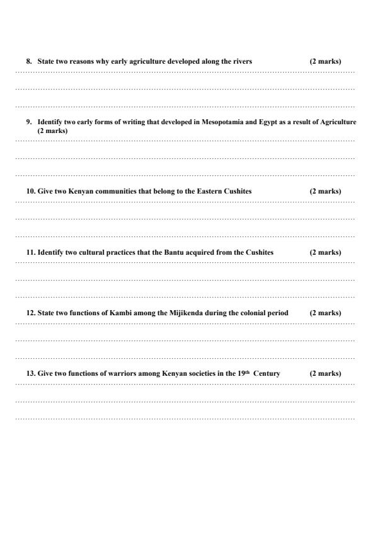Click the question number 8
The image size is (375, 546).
28,62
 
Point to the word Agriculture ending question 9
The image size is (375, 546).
339,122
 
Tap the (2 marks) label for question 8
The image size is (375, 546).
325,62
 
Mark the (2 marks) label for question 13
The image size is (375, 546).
325,374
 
